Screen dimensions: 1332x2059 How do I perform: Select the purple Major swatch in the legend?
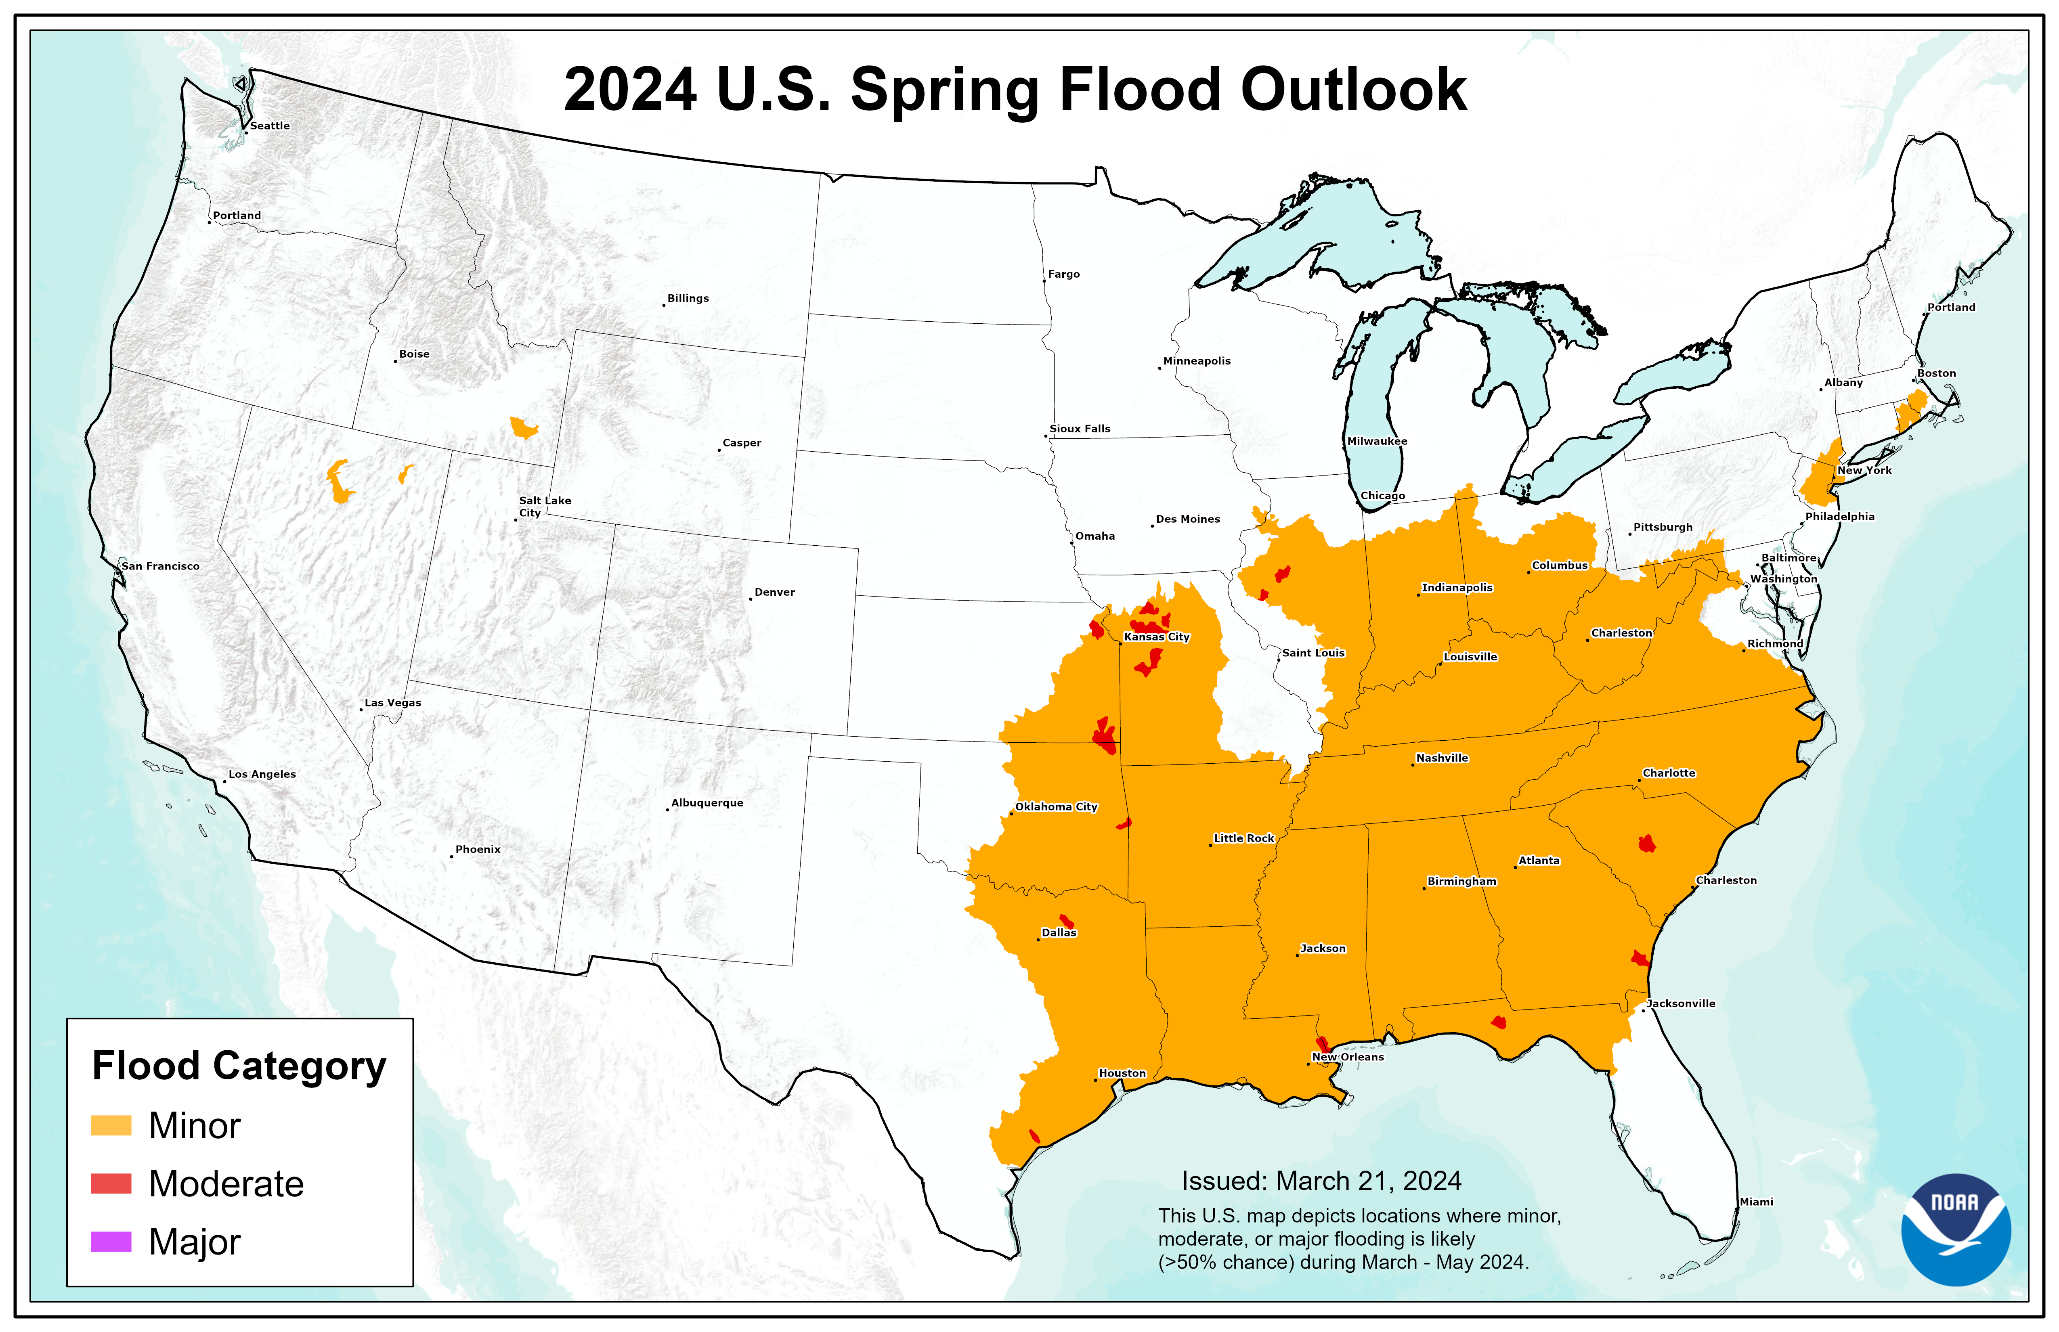(111, 1242)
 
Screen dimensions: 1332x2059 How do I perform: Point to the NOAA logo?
(1955, 1228)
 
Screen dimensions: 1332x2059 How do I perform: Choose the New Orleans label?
(1348, 1057)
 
